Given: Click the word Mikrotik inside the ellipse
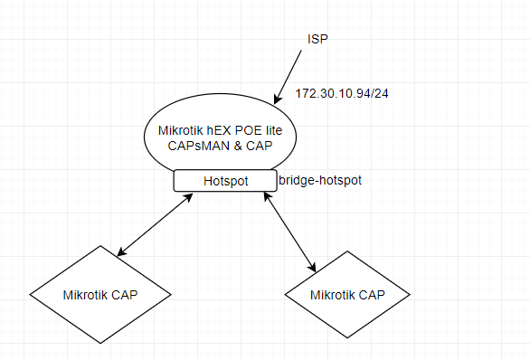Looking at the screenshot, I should click(x=178, y=132).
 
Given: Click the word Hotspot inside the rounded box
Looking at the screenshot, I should click(x=224, y=181).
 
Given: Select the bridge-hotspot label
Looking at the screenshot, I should click(x=320, y=181).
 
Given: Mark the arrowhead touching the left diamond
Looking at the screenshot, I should click(x=121, y=251).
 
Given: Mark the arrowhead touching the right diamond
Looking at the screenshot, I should click(x=313, y=267).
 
